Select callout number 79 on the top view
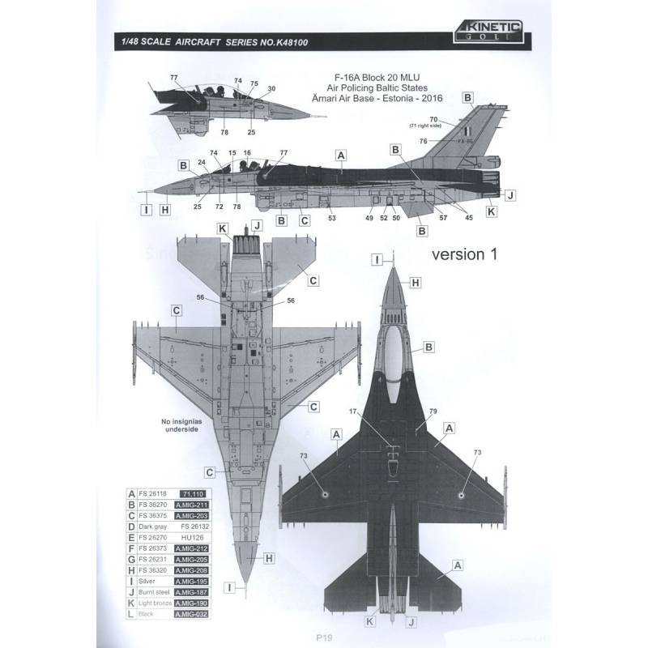(433, 411)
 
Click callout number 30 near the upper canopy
(271, 88)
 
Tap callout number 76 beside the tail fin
(423, 142)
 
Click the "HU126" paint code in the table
(191, 539)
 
